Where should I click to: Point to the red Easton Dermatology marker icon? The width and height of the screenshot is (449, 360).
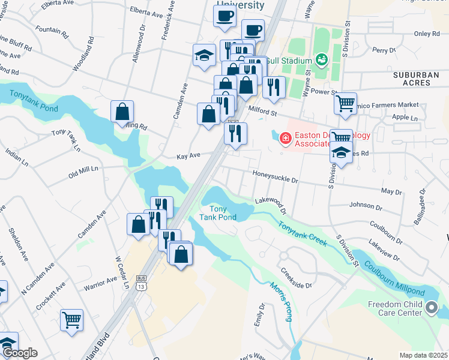(x=286, y=139)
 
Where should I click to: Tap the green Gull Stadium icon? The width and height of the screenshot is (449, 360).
(x=321, y=60)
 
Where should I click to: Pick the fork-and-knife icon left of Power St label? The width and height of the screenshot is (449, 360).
(x=274, y=86)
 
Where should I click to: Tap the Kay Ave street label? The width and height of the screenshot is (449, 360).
(x=188, y=156)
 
